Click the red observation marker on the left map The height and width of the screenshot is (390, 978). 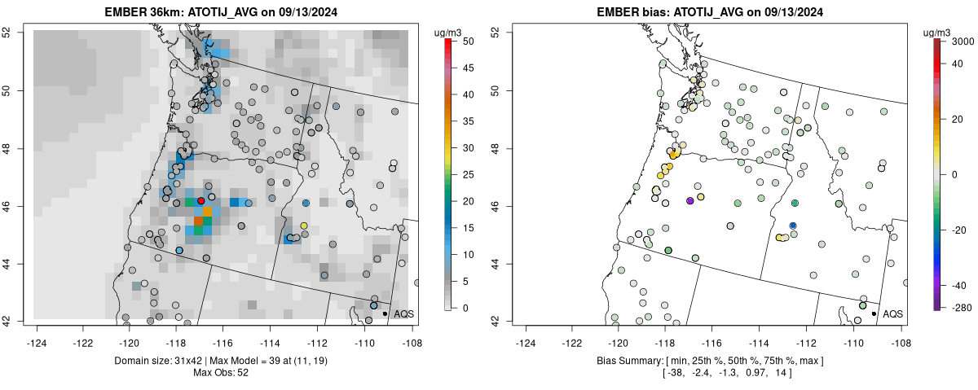click(200, 200)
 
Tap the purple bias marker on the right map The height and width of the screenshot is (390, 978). click(689, 200)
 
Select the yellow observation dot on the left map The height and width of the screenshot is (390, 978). click(304, 226)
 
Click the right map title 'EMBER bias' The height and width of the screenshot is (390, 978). click(641, 12)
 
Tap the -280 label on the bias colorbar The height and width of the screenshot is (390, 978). click(959, 307)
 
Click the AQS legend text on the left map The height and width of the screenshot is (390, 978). click(403, 313)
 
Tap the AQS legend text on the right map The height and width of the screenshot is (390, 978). click(892, 313)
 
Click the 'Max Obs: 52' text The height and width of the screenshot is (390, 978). click(220, 373)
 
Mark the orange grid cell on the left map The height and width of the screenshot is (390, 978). click(198, 221)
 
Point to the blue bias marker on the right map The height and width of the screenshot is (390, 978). click(793, 226)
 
